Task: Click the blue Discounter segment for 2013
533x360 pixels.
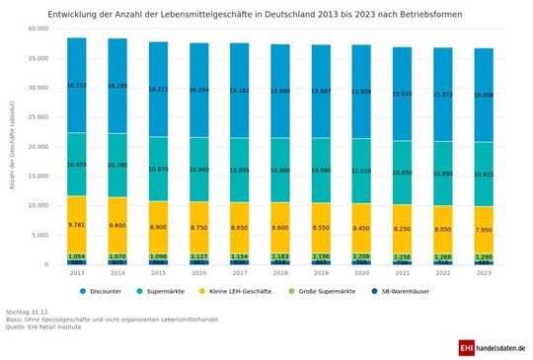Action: click(x=77, y=69)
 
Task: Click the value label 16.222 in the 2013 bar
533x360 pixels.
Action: click(x=77, y=86)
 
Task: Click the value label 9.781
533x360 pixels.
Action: click(x=77, y=224)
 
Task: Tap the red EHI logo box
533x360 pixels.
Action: click(x=467, y=348)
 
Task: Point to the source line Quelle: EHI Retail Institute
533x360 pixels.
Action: click(x=44, y=326)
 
